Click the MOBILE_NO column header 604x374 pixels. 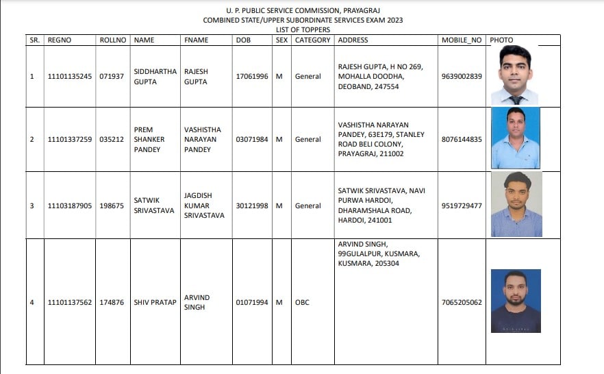[462, 40]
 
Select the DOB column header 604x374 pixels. [243, 40]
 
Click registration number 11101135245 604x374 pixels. [70, 76]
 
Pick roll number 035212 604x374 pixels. [112, 139]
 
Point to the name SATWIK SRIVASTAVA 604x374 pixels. [154, 205]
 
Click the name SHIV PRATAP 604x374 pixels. [155, 302]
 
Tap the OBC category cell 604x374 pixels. [302, 302]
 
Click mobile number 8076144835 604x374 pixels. [462, 139]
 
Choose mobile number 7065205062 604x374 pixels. [462, 302]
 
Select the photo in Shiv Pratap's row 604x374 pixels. [516, 301]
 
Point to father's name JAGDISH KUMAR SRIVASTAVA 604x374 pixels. [204, 205]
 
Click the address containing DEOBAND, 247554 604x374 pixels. [380, 76]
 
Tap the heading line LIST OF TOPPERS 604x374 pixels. [302, 29]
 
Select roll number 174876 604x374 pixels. [112, 302]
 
